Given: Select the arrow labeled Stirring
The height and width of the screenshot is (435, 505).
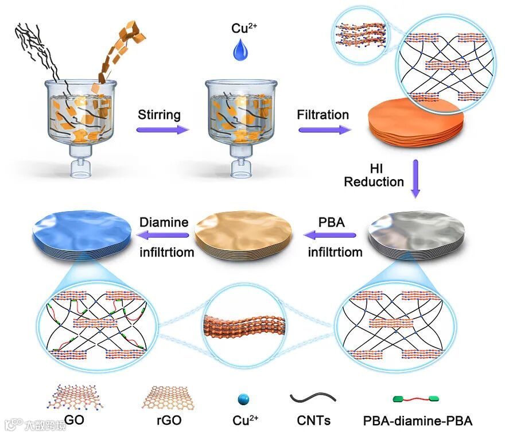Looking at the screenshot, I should pyautogui.click(x=163, y=130).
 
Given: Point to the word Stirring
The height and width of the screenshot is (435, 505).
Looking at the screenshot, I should pyautogui.click(x=159, y=114).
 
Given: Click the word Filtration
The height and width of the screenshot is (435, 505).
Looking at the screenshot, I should pyautogui.click(x=323, y=114).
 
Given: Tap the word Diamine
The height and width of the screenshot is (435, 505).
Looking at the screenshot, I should pyautogui.click(x=165, y=222).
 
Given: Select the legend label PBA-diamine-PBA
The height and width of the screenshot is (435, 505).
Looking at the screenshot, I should pyautogui.click(x=418, y=421).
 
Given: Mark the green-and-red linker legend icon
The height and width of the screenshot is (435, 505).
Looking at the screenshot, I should pyautogui.click(x=418, y=398).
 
